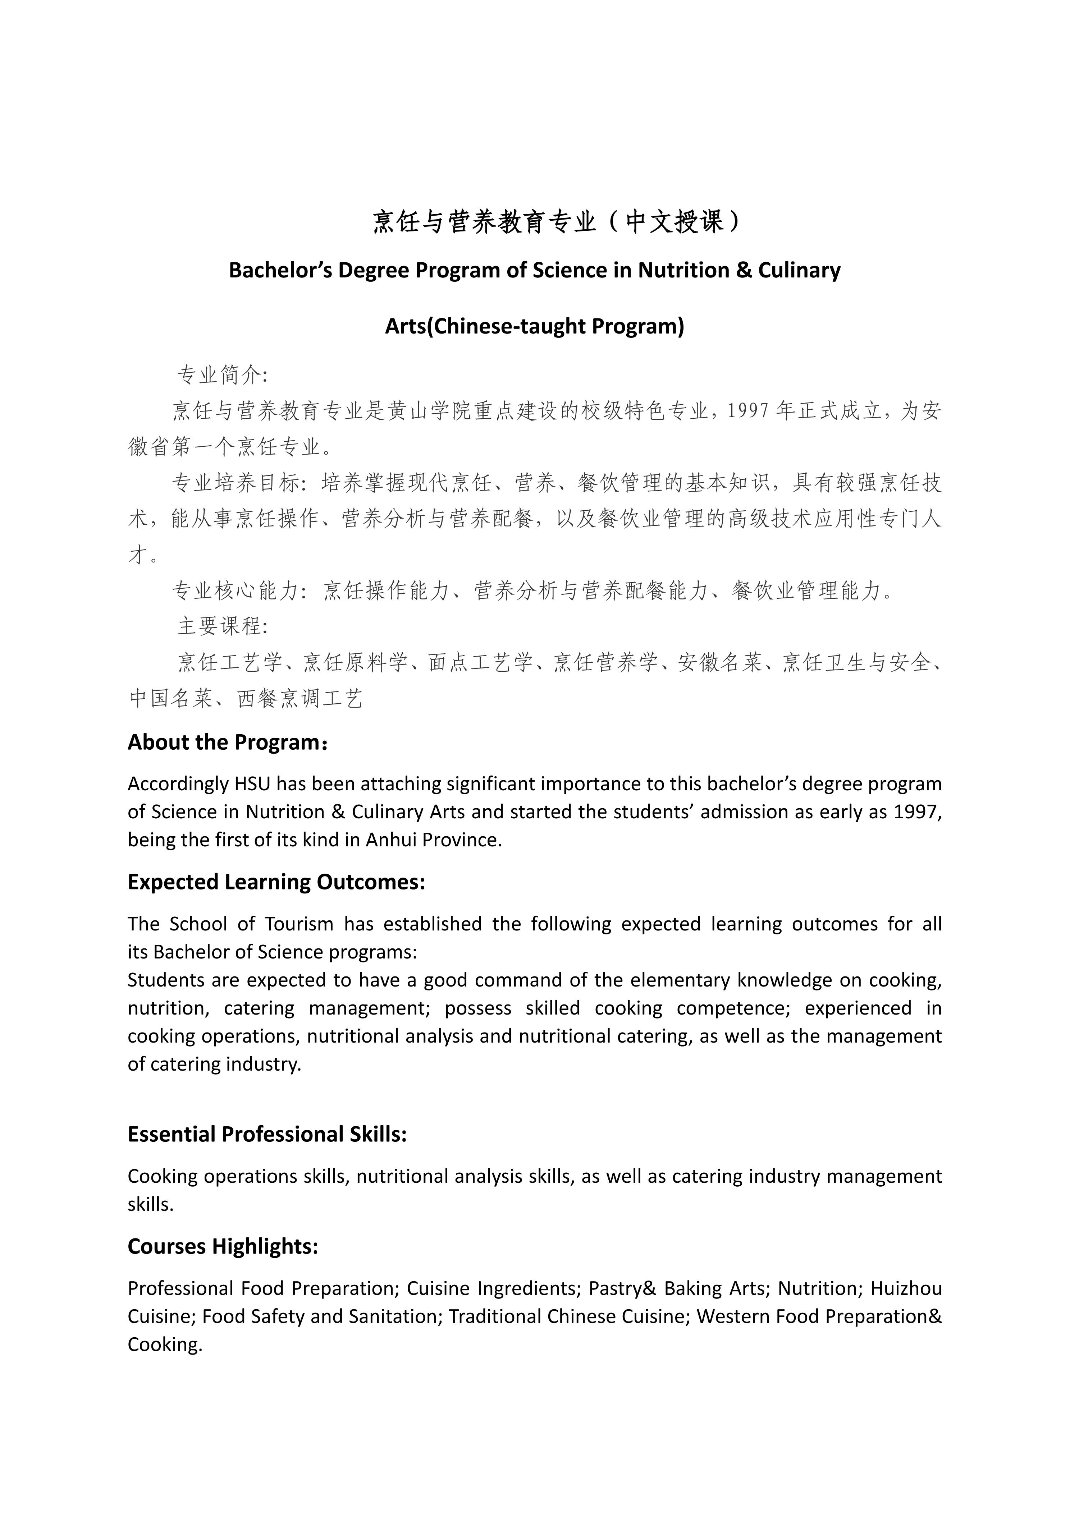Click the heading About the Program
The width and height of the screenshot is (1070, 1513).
[x=228, y=742]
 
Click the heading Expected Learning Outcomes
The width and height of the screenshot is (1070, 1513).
[x=276, y=882]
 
